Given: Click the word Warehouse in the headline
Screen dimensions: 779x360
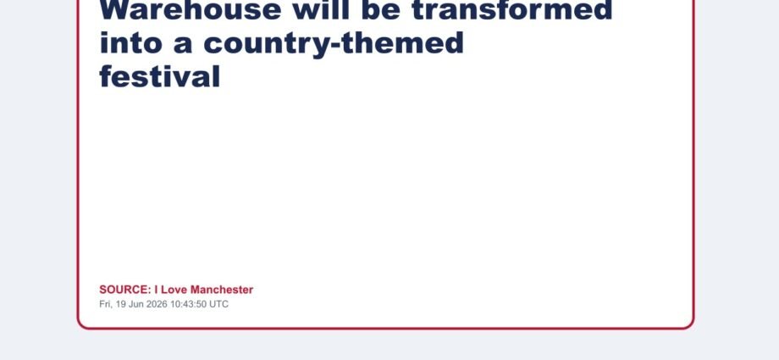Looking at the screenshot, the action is [x=191, y=10].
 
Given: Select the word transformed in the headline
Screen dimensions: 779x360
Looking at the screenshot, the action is [x=512, y=10].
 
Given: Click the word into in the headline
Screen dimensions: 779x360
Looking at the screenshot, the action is [x=131, y=42].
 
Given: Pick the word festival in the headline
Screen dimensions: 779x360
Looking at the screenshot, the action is [x=159, y=76].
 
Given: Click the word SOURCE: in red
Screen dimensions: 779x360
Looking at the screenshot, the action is [x=125, y=290].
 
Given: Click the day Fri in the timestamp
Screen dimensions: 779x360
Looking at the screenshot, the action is [x=105, y=304].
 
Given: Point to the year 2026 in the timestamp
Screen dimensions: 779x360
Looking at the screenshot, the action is [x=157, y=304].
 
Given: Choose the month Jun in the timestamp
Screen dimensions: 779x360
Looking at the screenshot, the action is [x=135, y=304].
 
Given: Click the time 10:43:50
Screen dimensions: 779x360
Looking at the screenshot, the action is [x=188, y=304].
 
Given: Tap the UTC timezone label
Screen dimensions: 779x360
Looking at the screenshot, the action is [x=218, y=304].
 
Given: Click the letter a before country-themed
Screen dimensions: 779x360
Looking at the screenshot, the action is [x=183, y=46].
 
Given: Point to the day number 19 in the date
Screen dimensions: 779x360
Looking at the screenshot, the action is [x=121, y=304].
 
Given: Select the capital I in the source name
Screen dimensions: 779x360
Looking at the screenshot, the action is [x=156, y=290].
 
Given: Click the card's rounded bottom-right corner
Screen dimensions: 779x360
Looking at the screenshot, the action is [x=689, y=324].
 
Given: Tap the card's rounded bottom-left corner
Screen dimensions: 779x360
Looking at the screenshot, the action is [x=82, y=324].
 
